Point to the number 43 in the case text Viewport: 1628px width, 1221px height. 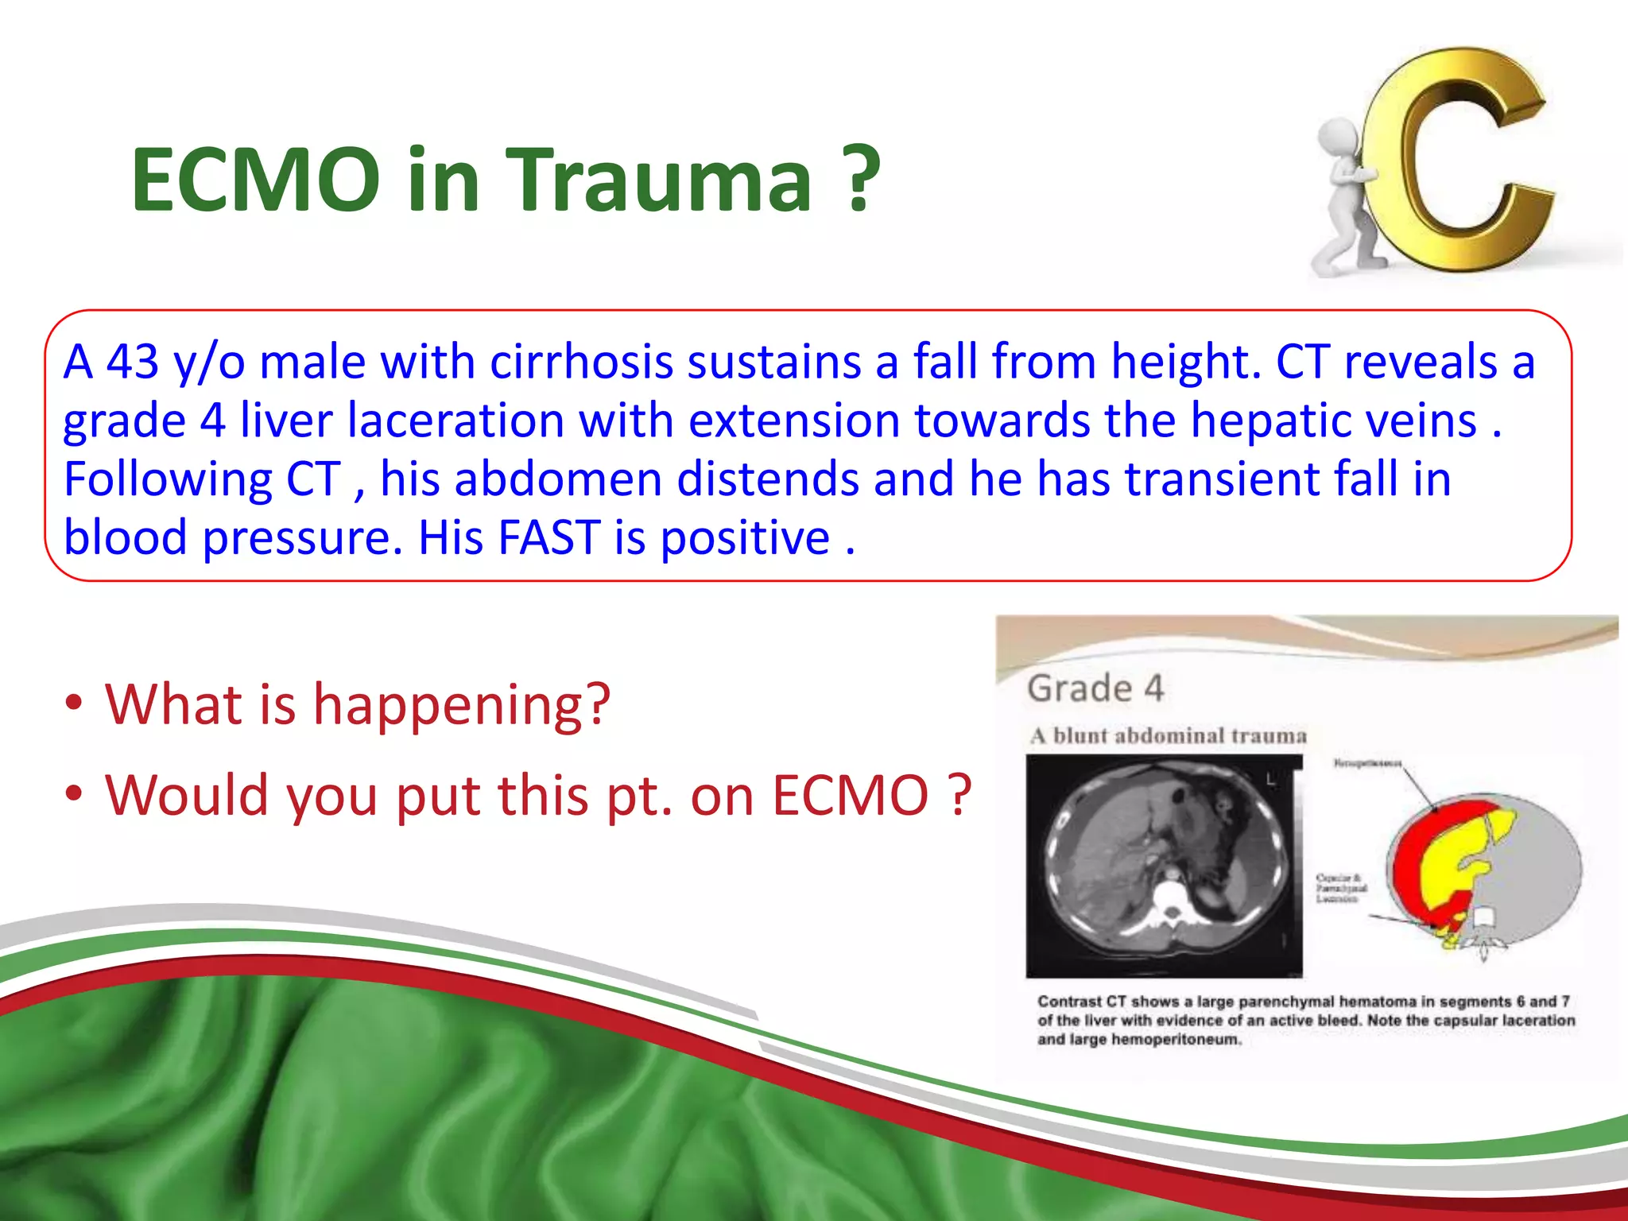(x=132, y=362)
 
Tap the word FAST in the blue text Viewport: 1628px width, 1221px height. (x=548, y=538)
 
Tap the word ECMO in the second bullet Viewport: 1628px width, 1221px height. (x=850, y=795)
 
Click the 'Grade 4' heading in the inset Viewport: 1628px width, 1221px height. (x=1095, y=688)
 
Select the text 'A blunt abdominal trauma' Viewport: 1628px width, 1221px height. (x=1168, y=736)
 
